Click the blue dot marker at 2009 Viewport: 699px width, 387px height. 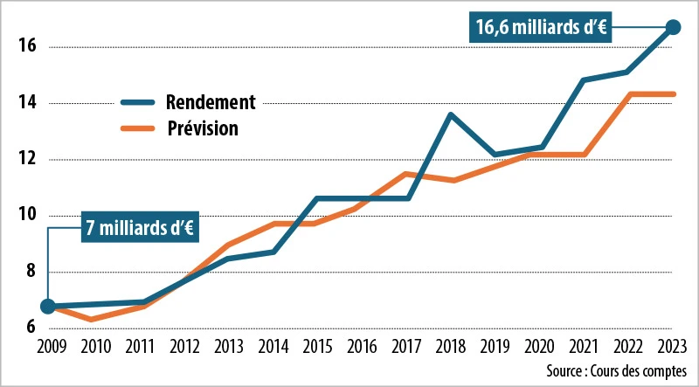pos(48,307)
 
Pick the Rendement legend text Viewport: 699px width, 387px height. pos(211,101)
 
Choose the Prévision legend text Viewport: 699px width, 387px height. pos(203,128)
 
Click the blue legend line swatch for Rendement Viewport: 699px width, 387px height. pos(137,101)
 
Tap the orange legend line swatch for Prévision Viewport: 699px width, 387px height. pos(137,128)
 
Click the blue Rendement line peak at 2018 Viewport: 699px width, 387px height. pos(450,114)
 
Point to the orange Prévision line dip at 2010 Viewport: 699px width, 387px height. pos(93,320)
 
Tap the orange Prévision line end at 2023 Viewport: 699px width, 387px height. pos(672,94)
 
